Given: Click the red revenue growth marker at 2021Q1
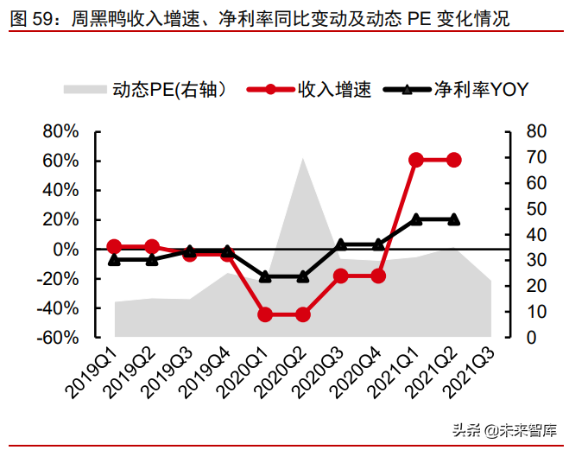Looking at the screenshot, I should click(416, 160).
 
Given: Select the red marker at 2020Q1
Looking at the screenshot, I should click(265, 314).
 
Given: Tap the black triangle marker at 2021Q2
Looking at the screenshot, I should click(453, 219).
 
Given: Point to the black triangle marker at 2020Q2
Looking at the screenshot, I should click(303, 276).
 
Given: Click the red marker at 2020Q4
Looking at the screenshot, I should click(378, 276).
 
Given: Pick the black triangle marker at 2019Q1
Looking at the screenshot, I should click(115, 259).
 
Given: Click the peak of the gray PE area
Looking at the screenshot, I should click(303, 157).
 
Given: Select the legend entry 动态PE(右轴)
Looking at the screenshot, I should click(147, 90).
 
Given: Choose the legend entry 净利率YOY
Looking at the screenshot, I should click(458, 90).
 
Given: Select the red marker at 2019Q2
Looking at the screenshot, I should click(152, 247).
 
